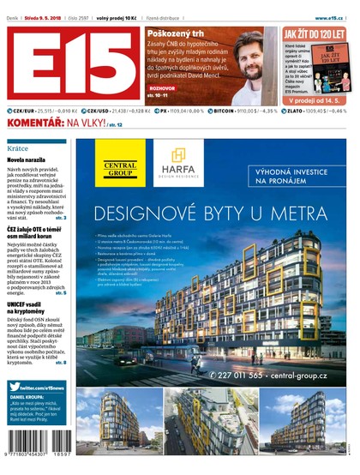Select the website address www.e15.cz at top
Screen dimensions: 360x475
pyautogui.click(x=333, y=16)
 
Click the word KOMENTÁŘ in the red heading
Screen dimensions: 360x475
pyautogui.click(x=36, y=124)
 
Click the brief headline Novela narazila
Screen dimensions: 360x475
pyautogui.click(x=27, y=160)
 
